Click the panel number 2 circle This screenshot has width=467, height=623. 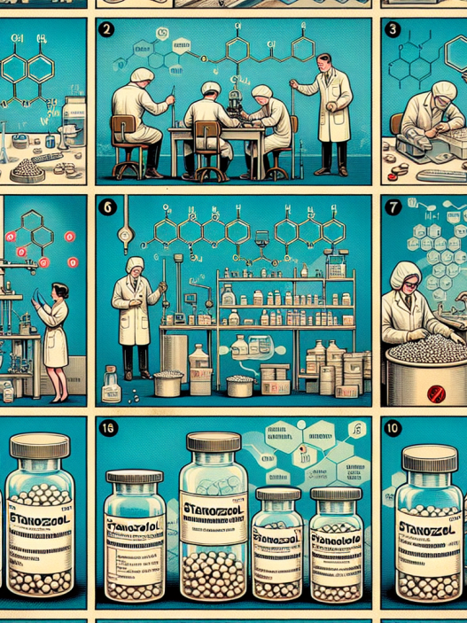pos(107,28)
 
